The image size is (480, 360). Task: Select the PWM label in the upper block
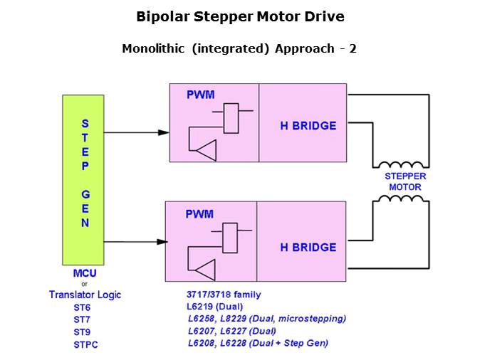tap(199, 94)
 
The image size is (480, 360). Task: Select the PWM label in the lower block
tap(199, 213)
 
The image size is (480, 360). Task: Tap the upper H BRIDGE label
tap(308, 126)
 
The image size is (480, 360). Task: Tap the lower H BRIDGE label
tap(308, 247)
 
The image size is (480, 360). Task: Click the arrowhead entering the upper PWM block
tap(164, 132)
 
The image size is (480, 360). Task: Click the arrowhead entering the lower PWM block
tap(162, 242)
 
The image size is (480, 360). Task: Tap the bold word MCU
tap(85, 273)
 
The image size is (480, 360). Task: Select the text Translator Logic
tap(85, 294)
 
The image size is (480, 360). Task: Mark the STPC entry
tap(85, 344)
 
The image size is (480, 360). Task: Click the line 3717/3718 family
tap(224, 295)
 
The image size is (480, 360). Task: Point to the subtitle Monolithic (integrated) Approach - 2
tap(239, 49)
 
